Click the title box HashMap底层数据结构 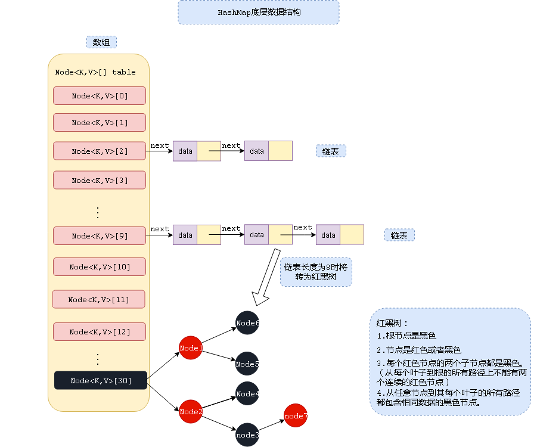[x=258, y=12]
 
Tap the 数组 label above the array [x=101, y=42]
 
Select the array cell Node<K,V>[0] [x=100, y=96]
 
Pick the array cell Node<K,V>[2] [x=100, y=151]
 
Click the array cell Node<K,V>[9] [x=100, y=235]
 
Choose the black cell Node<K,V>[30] [x=101, y=380]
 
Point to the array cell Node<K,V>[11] [x=98, y=299]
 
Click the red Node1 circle [x=191, y=347]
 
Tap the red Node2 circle [x=191, y=411]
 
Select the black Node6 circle [x=247, y=323]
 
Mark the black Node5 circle [x=247, y=364]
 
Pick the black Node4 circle [x=247, y=393]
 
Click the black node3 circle [x=247, y=434]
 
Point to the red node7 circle [x=295, y=415]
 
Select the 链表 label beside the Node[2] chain [x=331, y=151]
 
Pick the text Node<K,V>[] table [x=95, y=72]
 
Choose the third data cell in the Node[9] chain [x=328, y=235]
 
